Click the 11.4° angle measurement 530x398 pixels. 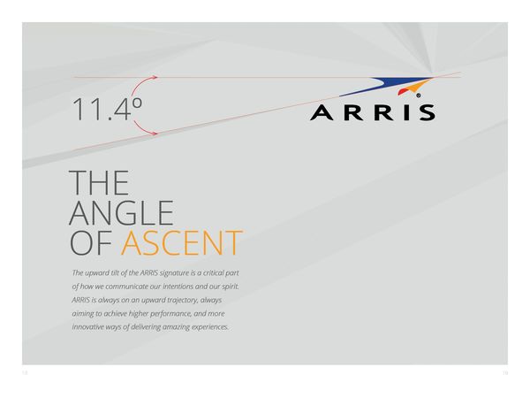point(107,109)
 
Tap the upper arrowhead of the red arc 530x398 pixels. point(155,77)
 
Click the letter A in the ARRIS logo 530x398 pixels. point(322,112)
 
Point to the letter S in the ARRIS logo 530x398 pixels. point(428,112)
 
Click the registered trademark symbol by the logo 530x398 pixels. point(419,96)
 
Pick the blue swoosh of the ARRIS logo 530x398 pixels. point(385,86)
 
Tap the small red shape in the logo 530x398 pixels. point(402,91)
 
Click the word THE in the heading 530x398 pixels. point(99,183)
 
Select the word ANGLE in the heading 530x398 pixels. point(121,213)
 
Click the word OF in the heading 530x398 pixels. point(91,242)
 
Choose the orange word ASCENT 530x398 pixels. point(182,242)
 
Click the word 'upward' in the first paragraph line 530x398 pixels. point(97,273)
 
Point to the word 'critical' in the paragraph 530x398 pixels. point(215,272)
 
